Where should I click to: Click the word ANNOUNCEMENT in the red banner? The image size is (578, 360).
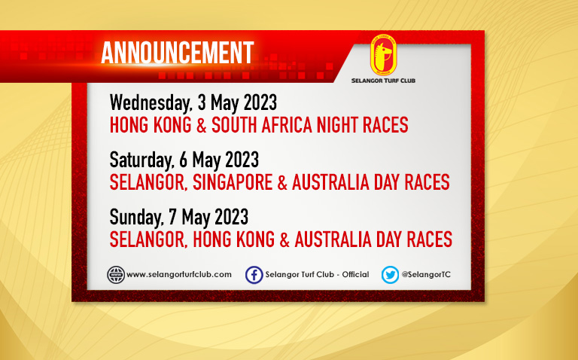(x=178, y=53)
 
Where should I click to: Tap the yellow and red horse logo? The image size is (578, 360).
(x=383, y=55)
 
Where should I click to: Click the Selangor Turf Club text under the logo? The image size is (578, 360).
(x=383, y=81)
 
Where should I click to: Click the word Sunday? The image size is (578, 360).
(x=136, y=218)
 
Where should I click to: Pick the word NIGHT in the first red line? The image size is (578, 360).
(x=337, y=125)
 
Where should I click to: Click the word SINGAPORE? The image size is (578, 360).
(x=233, y=182)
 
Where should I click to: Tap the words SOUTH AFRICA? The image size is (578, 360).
(x=262, y=125)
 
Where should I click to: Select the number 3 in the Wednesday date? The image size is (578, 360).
(x=202, y=102)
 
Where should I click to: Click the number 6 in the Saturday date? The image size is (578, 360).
(x=183, y=160)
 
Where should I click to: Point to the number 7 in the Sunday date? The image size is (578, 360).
(x=172, y=217)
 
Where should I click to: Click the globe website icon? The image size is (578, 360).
(x=116, y=275)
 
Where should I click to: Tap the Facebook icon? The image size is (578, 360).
(x=254, y=275)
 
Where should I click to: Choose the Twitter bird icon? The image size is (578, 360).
(x=390, y=275)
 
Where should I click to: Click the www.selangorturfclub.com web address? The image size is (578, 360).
(x=179, y=275)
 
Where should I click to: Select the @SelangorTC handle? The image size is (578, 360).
(x=426, y=275)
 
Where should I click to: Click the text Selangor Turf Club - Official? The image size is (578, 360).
(x=317, y=275)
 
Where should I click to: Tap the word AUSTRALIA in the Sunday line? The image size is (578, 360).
(x=333, y=239)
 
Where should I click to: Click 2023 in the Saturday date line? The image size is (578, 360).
(x=242, y=160)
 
